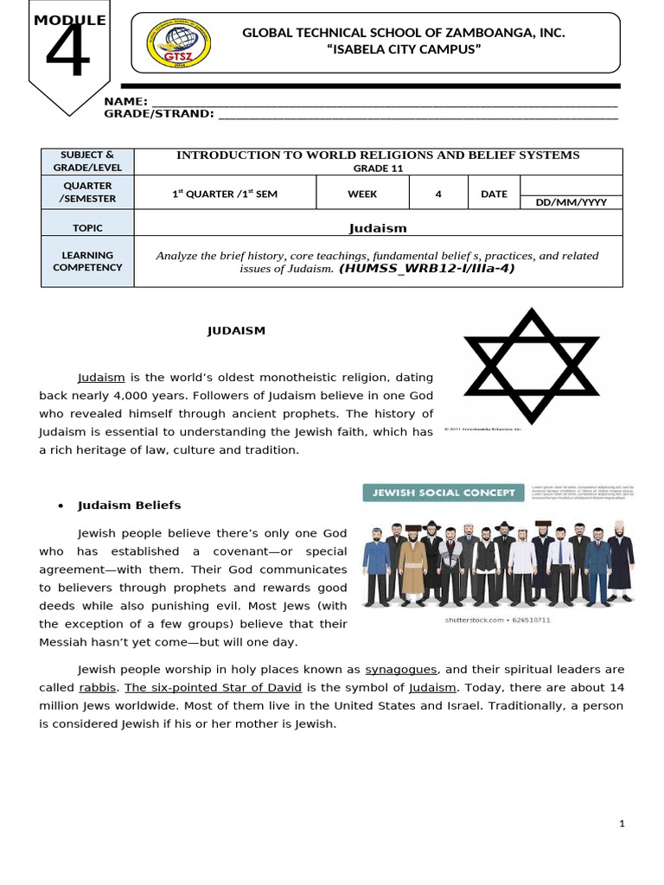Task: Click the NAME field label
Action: tap(125, 102)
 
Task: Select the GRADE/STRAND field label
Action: tap(158, 113)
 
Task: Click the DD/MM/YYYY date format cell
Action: tap(571, 201)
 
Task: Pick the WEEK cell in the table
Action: tap(362, 194)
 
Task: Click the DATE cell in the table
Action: tap(494, 194)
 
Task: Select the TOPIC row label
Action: tap(88, 228)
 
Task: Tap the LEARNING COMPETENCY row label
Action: tap(88, 261)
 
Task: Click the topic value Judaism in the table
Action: tap(377, 228)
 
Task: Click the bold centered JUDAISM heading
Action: tap(236, 330)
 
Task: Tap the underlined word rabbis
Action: tap(97, 688)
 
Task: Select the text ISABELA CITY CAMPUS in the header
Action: tap(403, 49)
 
